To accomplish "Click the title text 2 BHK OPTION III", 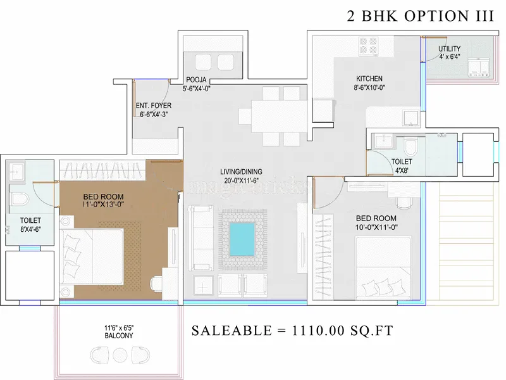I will click(421, 17).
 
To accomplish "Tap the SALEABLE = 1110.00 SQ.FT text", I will click(293, 331).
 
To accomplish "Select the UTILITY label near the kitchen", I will click(450, 49).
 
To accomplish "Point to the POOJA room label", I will click(197, 79).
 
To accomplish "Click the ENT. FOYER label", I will click(152, 106).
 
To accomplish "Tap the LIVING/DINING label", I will click(241, 172).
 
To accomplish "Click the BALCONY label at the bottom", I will click(119, 336).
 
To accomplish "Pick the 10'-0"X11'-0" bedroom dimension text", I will click(376, 227).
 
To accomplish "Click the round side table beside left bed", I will click(65, 221).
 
